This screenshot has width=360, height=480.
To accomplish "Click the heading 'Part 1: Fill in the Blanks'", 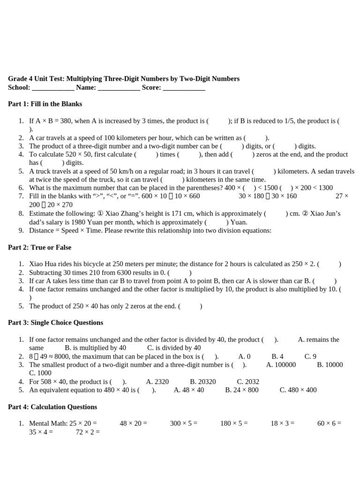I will (45, 104).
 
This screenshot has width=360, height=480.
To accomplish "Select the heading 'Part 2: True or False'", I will (40, 247).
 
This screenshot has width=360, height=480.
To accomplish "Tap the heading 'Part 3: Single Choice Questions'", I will (55, 322).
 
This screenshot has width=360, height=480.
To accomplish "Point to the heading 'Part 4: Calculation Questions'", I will (52, 407).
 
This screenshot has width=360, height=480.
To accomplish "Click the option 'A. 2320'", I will (157, 382).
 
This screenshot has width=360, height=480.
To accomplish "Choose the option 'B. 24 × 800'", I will (241, 390).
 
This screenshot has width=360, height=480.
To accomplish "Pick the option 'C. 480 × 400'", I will (298, 390).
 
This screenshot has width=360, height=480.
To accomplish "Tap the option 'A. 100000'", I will (281, 365).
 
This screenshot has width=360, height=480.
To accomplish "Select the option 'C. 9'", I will (310, 356).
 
